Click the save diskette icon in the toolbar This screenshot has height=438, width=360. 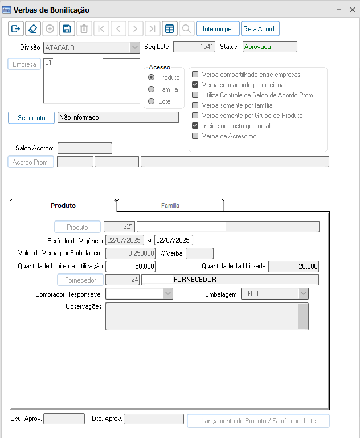(67, 28)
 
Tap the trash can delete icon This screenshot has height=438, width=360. (84, 28)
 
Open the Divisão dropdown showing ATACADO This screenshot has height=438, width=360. (134, 47)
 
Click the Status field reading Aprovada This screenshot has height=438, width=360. (269, 47)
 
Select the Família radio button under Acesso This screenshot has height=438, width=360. (152, 89)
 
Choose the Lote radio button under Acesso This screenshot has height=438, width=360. (152, 101)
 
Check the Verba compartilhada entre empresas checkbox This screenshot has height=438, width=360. (195, 75)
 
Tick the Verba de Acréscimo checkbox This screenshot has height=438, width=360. (195, 136)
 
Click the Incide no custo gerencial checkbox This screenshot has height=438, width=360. (195, 126)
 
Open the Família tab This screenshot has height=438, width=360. (170, 206)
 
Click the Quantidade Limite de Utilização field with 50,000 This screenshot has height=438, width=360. (130, 267)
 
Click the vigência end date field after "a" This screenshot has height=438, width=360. (174, 240)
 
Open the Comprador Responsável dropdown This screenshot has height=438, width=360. (167, 293)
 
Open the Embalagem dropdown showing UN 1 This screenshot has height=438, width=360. (303, 293)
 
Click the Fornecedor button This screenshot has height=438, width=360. (80, 280)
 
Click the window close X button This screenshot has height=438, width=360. (353, 10)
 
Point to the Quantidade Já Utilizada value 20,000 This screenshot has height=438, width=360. (293, 267)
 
